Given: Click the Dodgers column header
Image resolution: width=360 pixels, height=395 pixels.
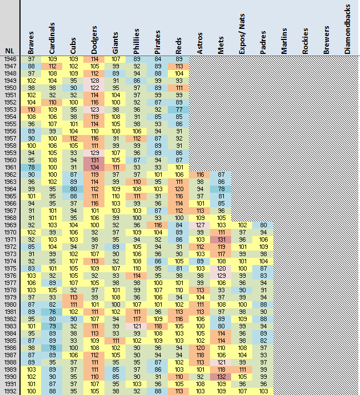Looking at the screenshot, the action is (x=94, y=40).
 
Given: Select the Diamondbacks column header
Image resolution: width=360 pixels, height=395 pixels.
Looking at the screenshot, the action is (x=347, y=29).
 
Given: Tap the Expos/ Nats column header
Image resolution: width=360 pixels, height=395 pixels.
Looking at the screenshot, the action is (x=242, y=34).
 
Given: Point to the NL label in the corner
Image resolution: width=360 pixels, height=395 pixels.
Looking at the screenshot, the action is (x=9, y=51).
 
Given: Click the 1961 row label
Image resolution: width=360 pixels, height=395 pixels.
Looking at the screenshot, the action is (x=10, y=167).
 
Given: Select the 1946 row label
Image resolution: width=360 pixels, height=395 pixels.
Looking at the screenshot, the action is (x=10, y=59).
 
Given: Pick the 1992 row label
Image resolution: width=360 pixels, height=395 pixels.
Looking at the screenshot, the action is (x=10, y=391).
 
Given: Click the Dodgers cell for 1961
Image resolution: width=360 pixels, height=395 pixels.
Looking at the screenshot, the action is (x=94, y=167).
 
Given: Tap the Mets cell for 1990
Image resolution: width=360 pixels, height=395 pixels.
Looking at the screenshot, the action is (x=221, y=377).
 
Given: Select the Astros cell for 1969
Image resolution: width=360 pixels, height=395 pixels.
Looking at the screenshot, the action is (x=200, y=225).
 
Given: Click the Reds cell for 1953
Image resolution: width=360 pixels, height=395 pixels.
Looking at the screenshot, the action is (x=179, y=109).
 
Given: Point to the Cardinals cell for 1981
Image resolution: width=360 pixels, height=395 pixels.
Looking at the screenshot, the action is (x=52, y=312).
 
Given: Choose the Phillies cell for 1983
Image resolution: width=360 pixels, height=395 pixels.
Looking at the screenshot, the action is (x=137, y=326).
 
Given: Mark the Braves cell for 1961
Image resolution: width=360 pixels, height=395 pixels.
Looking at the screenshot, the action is (x=31, y=167).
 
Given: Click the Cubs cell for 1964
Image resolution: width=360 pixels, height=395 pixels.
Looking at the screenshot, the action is (x=73, y=189).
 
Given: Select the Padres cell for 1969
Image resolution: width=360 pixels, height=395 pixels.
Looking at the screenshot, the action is (x=263, y=225).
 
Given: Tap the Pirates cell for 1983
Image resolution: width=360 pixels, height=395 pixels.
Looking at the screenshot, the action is (x=158, y=326).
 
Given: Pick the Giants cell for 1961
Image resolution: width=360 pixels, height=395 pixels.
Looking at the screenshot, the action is (x=116, y=167).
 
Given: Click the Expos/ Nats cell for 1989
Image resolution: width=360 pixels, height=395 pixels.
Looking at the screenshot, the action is (x=242, y=369).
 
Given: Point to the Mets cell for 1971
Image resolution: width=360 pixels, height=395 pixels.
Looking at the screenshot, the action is (x=221, y=239).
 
